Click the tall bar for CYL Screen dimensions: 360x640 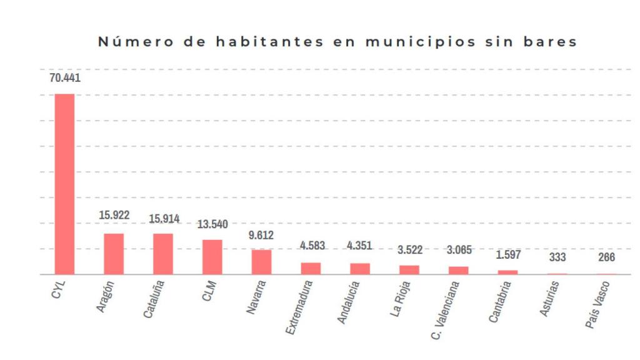[64, 184]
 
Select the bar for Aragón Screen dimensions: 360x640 [114, 254]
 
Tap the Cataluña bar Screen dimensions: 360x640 [163, 254]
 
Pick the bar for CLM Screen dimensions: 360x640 [212, 257]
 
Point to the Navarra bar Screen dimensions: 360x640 [261, 262]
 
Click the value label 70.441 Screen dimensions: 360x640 [65, 78]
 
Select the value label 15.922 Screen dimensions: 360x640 [114, 215]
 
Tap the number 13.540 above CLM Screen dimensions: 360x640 [212, 224]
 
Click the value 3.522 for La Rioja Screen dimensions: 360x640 [409, 250]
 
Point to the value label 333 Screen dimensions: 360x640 [557, 257]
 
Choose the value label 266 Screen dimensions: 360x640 [606, 257]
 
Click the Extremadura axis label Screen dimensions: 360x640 [300, 306]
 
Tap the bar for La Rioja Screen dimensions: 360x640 [409, 269]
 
